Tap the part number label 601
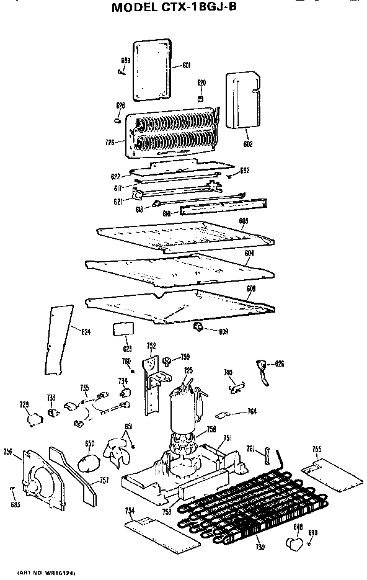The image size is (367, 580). (x=186, y=66)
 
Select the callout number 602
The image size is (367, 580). (x=248, y=144)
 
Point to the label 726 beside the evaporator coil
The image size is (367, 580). (x=110, y=143)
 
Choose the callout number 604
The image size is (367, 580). (x=249, y=254)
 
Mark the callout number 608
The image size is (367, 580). (x=251, y=288)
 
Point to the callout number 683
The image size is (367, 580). (x=15, y=504)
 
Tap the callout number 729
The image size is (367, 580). (x=24, y=404)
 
